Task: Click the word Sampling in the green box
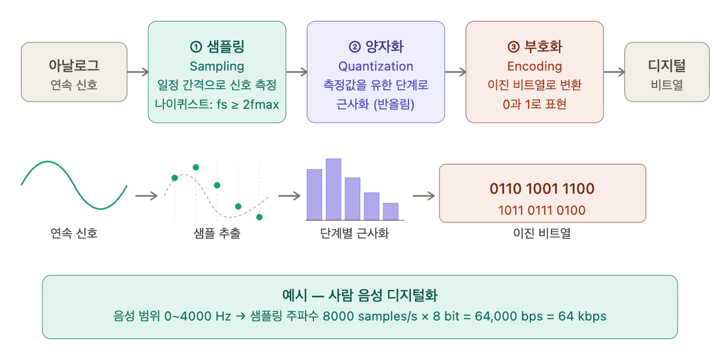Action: (x=217, y=66)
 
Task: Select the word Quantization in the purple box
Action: (x=376, y=66)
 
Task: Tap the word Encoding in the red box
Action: (x=535, y=66)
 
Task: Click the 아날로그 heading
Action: (x=74, y=65)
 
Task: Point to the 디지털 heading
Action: (x=667, y=65)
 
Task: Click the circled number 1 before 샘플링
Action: (x=196, y=47)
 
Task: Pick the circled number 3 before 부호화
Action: (x=514, y=47)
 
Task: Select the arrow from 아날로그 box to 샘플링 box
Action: (x=138, y=72)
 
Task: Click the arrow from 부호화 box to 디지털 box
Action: (x=614, y=72)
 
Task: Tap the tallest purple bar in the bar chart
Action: (x=333, y=190)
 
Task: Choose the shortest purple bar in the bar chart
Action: (x=390, y=212)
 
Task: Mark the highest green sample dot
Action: (x=196, y=167)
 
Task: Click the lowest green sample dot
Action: (x=260, y=217)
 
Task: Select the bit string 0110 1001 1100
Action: (x=542, y=189)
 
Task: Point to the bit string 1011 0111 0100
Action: (x=542, y=210)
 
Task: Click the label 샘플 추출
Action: (x=217, y=233)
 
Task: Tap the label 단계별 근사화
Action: (x=355, y=233)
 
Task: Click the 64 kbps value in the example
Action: (x=582, y=316)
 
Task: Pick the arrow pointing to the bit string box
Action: (x=423, y=196)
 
